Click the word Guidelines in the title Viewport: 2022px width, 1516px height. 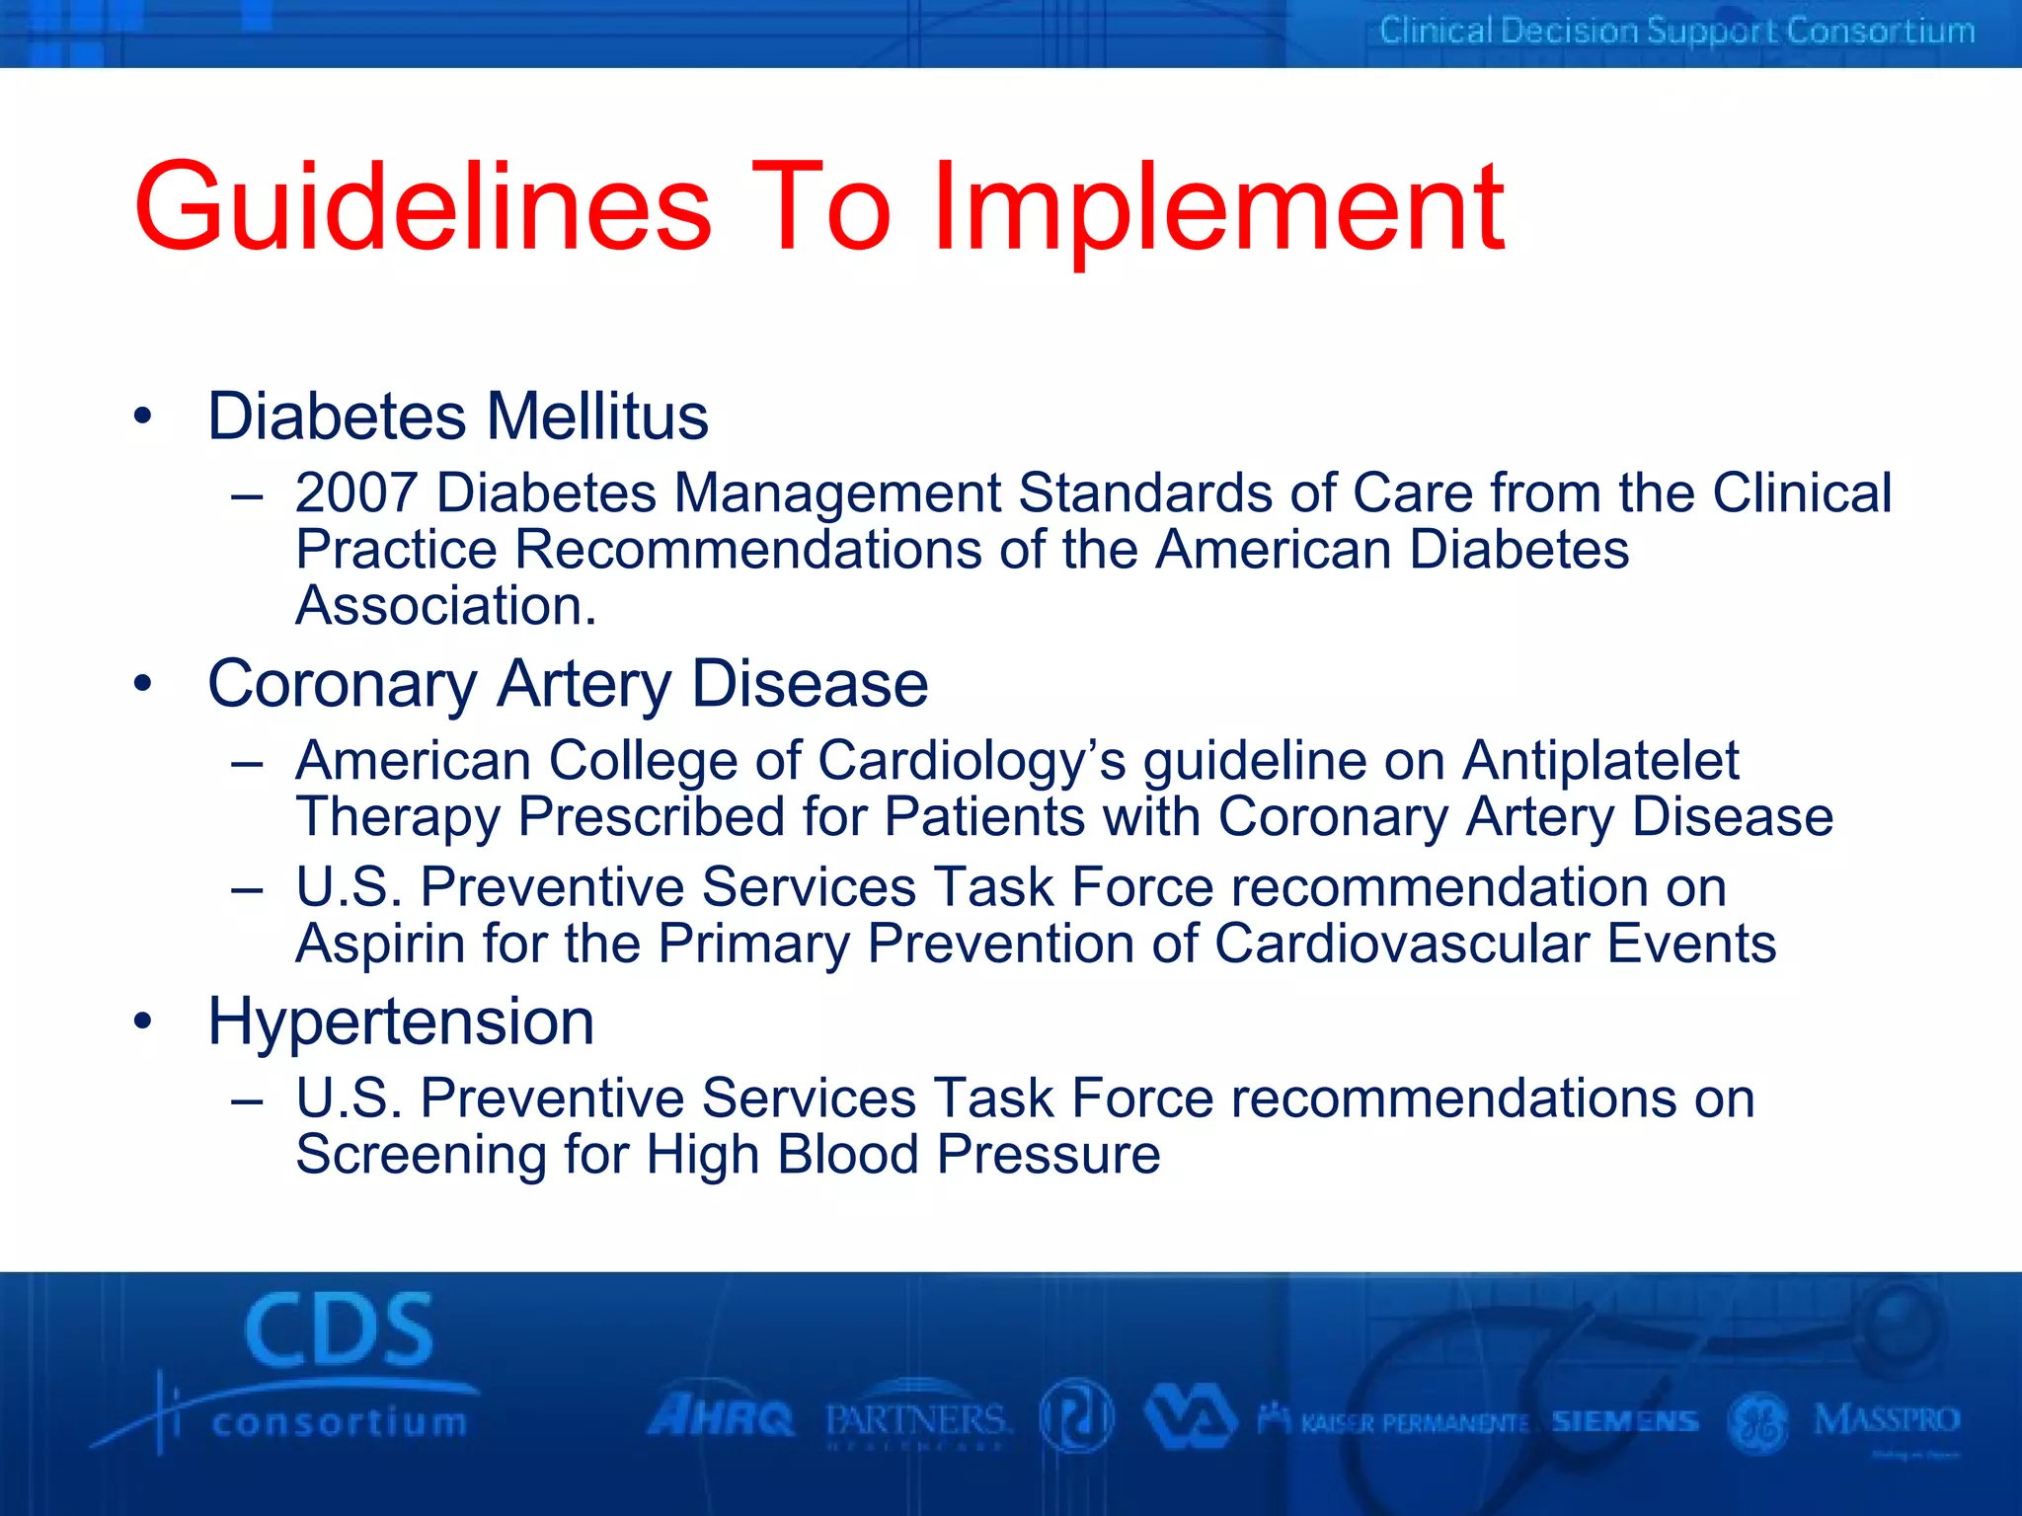(x=423, y=209)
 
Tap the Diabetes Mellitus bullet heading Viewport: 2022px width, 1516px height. (x=458, y=417)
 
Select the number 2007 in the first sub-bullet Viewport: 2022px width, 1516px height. (x=356, y=493)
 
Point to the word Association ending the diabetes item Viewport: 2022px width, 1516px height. (x=445, y=606)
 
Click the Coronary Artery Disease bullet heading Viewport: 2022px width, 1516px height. (x=568, y=684)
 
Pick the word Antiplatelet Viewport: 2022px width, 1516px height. (x=1600, y=761)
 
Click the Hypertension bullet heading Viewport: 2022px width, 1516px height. (x=401, y=1022)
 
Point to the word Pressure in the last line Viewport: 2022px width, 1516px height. (x=1049, y=1155)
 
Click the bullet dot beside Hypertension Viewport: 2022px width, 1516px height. (x=144, y=1023)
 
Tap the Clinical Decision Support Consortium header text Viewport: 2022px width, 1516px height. (x=1676, y=32)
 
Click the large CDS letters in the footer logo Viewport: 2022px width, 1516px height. (x=339, y=1330)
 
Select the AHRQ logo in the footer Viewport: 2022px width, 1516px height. (x=721, y=1418)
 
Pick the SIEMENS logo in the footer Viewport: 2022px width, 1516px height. (x=1625, y=1421)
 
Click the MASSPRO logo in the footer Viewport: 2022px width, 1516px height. (x=1886, y=1421)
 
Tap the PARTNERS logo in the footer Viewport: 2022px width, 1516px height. (x=916, y=1421)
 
